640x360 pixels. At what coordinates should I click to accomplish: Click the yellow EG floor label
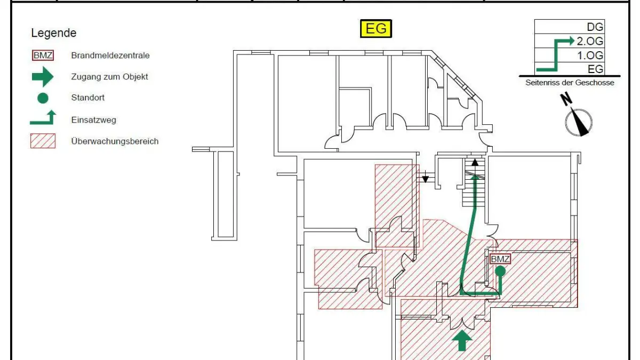click(x=376, y=28)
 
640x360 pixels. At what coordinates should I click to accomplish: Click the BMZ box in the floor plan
click(x=500, y=259)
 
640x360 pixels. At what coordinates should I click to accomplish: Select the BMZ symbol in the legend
click(x=43, y=55)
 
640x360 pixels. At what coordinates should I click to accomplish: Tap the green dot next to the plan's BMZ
click(x=500, y=271)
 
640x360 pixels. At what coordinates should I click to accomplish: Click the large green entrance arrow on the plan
click(x=462, y=340)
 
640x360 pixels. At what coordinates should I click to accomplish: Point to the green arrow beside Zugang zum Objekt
click(x=43, y=77)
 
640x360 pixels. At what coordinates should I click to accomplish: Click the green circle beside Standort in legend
click(x=43, y=98)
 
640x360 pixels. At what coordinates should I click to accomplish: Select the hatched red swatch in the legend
click(x=43, y=141)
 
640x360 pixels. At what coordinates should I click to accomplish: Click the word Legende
click(x=53, y=33)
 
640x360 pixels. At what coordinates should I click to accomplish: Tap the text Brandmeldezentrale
click(x=110, y=55)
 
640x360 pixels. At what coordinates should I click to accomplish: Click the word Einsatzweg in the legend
click(x=93, y=120)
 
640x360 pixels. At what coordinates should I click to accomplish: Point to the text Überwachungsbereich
click(x=115, y=141)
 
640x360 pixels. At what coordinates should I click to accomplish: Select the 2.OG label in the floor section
click(x=590, y=41)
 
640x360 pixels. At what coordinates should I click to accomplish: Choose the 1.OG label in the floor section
click(x=590, y=55)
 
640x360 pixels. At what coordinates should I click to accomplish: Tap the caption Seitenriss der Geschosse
click(x=569, y=83)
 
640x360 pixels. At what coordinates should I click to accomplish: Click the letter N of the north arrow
click(x=566, y=99)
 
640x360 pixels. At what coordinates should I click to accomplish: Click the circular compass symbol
click(x=579, y=122)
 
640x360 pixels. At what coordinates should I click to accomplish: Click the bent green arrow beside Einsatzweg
click(x=43, y=119)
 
